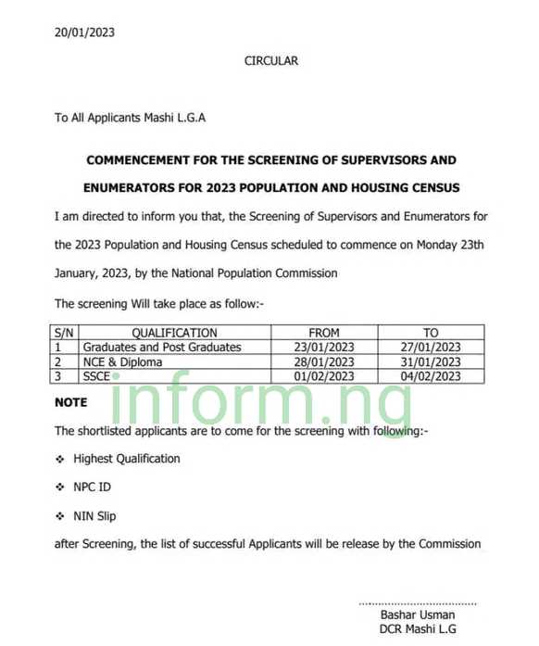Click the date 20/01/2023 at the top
point(84,32)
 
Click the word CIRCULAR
point(271,61)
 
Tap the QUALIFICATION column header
point(174,333)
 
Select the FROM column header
point(324,333)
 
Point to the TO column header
point(431,333)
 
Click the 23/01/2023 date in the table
point(324,348)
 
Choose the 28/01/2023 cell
point(324,362)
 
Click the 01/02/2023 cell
point(324,376)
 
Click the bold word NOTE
point(71,403)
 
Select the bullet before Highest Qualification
point(60,459)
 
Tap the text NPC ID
point(93,487)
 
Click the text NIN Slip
point(95,515)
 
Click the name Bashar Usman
point(418,614)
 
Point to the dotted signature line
point(418,602)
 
